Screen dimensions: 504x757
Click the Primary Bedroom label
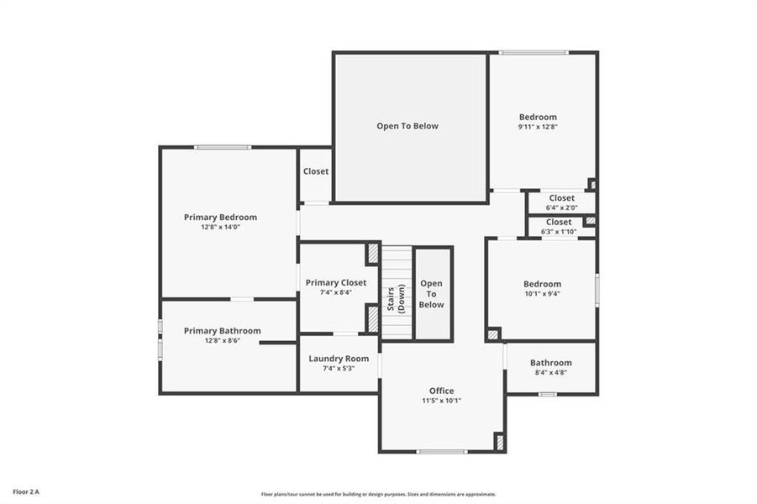220,217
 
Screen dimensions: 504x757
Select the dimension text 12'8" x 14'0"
220,228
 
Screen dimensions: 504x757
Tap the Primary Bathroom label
222,330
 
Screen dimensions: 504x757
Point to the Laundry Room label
339,358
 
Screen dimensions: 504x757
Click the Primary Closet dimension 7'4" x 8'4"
336,293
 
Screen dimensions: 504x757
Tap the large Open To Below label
407,126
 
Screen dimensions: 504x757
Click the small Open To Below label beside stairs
431,294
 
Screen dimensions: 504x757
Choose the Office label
441,391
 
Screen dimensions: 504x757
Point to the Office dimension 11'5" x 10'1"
441,401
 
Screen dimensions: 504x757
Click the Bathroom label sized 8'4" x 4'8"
550,362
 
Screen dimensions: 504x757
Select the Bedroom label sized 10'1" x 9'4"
542,284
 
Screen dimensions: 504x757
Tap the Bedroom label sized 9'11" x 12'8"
538,117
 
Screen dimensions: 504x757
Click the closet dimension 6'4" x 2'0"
561,207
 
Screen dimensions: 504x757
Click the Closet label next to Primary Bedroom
316,171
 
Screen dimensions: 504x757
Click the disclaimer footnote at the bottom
378,494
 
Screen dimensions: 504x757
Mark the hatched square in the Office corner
499,442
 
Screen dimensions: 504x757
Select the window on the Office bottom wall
442,452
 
